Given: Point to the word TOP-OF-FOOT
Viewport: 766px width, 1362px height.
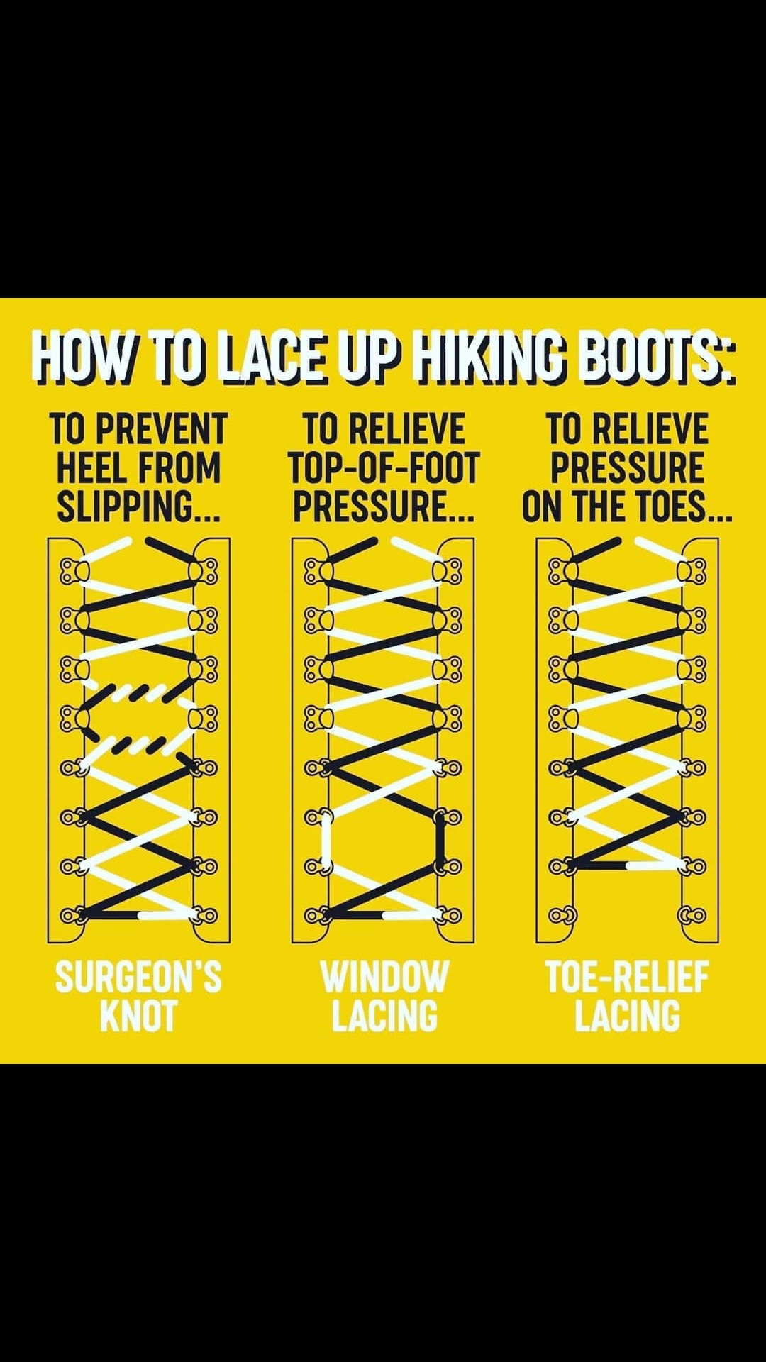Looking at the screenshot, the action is tap(384, 468).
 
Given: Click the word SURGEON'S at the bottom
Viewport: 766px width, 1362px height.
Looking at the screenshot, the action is tap(138, 978).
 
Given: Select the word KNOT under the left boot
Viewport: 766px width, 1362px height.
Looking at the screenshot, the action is tap(138, 1016).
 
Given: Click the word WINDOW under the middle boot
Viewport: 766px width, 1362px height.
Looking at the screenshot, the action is tap(384, 978).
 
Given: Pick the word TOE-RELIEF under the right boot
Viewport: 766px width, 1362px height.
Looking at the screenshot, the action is tap(627, 978).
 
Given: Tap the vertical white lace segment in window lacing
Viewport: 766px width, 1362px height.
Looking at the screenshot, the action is tap(326, 841).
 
